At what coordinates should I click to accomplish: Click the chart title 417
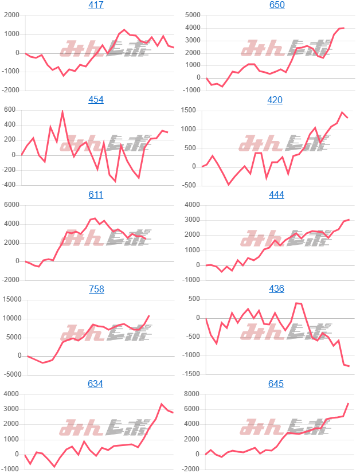pyautogui.click(x=96, y=5)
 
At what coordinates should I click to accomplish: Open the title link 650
pyautogui.click(x=277, y=5)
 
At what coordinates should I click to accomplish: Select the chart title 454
pyautogui.click(x=96, y=100)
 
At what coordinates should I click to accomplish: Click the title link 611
pyautogui.click(x=96, y=194)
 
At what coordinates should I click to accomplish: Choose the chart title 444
pyautogui.click(x=277, y=194)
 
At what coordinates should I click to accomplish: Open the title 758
pyautogui.click(x=96, y=289)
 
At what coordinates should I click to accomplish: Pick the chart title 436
pyautogui.click(x=277, y=289)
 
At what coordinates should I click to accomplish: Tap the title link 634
pyautogui.click(x=96, y=384)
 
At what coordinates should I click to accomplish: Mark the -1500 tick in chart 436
pyautogui.click(x=191, y=374)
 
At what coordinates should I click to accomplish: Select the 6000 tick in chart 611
pyautogui.click(x=12, y=205)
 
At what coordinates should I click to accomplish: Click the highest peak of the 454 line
pyautogui.click(x=62, y=111)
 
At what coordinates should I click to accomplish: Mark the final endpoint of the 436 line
pyautogui.click(x=349, y=366)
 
